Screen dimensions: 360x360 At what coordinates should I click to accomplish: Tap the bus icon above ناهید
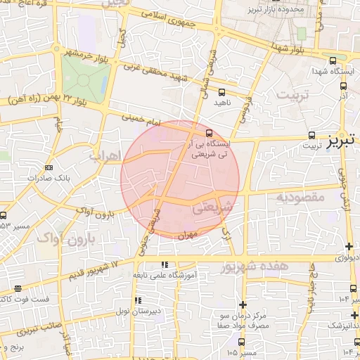tap(222, 92)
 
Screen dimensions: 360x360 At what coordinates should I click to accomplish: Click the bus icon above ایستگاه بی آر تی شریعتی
tap(209, 132)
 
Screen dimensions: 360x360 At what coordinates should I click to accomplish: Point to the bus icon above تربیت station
tap(311, 134)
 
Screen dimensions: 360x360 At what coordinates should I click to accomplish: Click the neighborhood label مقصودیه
tap(300, 198)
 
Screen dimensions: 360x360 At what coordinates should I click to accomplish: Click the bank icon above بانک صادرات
tap(49, 167)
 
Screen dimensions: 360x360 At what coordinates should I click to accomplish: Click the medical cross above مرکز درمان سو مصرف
tap(243, 304)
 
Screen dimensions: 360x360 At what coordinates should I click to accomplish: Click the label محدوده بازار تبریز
tap(276, 11)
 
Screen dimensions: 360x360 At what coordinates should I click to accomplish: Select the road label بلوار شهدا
tap(290, 50)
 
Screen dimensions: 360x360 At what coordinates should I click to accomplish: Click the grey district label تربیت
tap(292, 94)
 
